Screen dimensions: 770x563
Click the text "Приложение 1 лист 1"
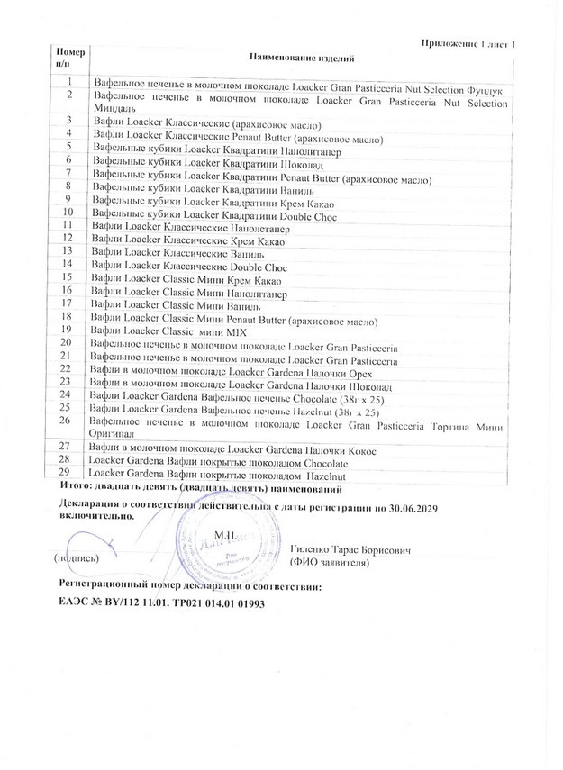pos(470,43)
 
